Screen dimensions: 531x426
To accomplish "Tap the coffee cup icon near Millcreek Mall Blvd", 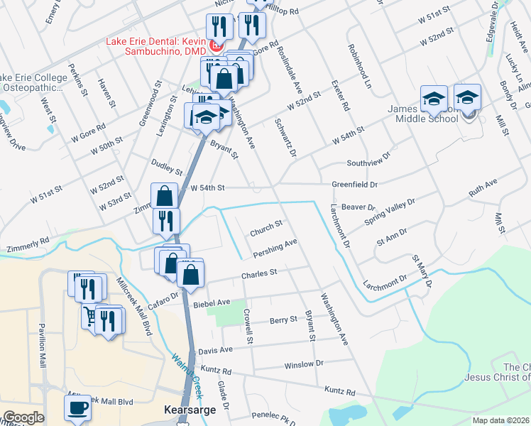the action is click(x=77, y=408).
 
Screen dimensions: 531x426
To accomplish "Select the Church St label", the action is click(x=266, y=227).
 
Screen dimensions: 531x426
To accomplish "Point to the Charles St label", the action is click(x=258, y=272).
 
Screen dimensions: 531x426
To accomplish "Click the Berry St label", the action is click(x=283, y=320).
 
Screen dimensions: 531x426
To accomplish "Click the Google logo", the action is click(x=23, y=417).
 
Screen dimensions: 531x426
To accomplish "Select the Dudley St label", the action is click(x=168, y=167).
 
